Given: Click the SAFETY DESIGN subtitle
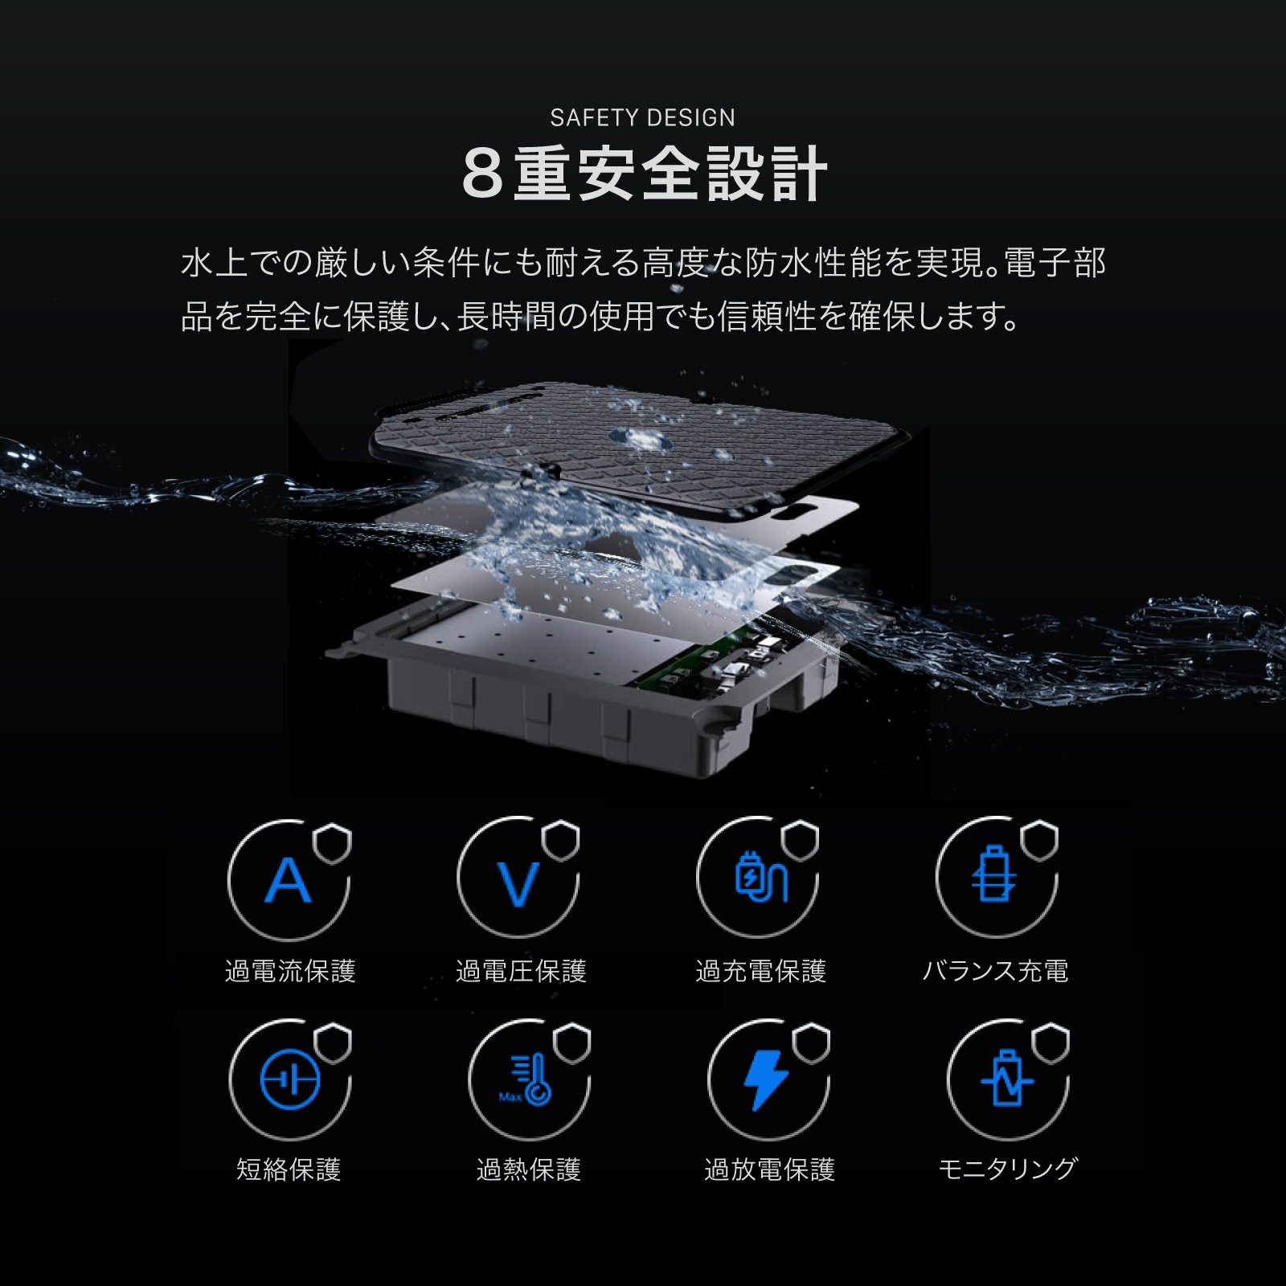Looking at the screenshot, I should click(642, 118).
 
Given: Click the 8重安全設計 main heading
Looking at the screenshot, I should click(644, 174).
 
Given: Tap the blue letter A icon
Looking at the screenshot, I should click(288, 881).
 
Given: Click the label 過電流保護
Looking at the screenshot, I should click(290, 971).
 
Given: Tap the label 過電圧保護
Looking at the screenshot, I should click(521, 971).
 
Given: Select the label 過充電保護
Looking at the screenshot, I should click(760, 971).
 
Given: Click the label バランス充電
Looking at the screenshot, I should click(995, 971).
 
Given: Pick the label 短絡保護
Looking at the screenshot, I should click(289, 1169).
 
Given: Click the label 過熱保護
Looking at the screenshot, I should click(528, 1169).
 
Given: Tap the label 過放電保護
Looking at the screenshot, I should click(769, 1169).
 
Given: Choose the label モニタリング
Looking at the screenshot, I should click(1007, 1169).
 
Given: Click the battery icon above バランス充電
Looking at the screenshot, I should click(995, 876).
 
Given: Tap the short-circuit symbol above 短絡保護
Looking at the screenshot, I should click(290, 1080).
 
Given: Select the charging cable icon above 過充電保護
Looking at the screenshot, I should click(760, 878).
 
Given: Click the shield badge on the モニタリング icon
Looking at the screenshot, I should click(1051, 1044).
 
